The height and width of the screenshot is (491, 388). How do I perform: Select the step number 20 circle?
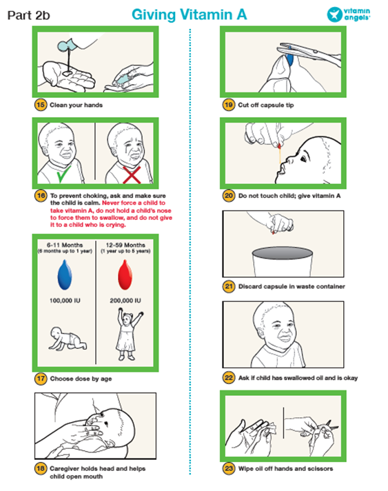tap(229, 196)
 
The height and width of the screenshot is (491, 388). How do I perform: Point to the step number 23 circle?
tap(229, 468)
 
